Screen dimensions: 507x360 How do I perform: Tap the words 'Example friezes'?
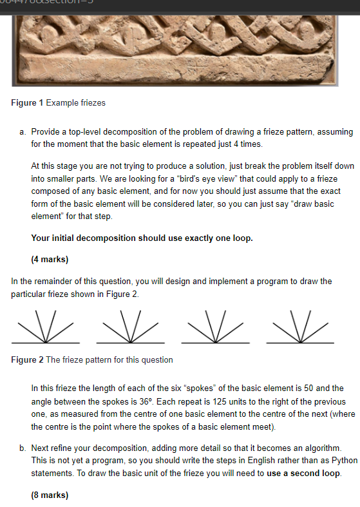point(75,103)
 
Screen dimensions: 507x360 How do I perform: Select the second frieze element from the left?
point(131,329)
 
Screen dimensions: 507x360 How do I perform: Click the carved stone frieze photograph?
point(180,45)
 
